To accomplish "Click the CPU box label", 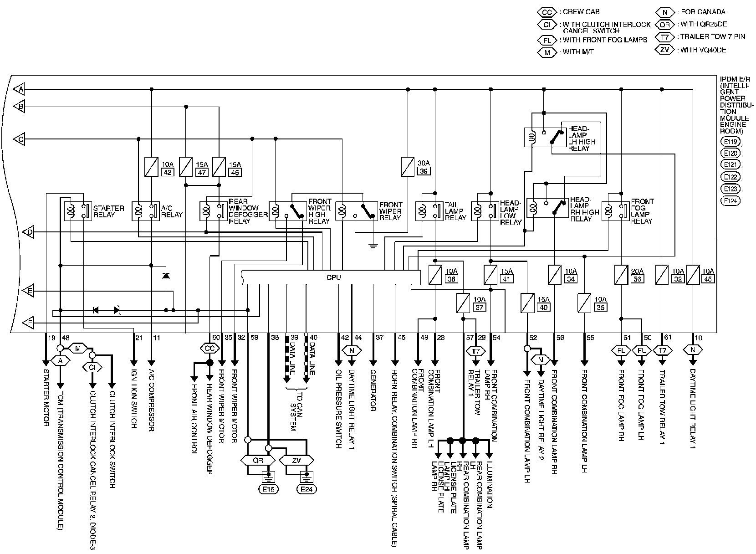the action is click(x=333, y=277).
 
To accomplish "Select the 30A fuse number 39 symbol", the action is click(x=407, y=166).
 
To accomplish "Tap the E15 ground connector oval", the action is click(x=268, y=489).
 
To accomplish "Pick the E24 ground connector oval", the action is click(x=306, y=489).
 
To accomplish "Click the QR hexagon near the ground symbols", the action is click(x=258, y=460).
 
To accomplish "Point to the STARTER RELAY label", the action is click(x=108, y=211).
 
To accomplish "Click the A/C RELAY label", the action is click(x=171, y=211).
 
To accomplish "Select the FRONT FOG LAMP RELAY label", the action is click(x=642, y=211).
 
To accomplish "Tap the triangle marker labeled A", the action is click(x=19, y=89).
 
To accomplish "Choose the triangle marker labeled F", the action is click(x=29, y=323).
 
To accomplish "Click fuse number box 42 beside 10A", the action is click(x=168, y=172).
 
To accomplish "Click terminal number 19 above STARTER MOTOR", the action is click(x=51, y=338).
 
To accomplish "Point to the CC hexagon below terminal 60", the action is click(x=209, y=348).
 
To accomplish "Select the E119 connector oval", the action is click(x=730, y=141).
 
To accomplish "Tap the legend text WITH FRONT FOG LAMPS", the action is click(x=605, y=40).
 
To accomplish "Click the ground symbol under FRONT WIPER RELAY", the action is click(x=373, y=246).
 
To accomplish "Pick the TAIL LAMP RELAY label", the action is click(x=455, y=211).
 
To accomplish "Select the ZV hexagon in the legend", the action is click(x=664, y=50).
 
